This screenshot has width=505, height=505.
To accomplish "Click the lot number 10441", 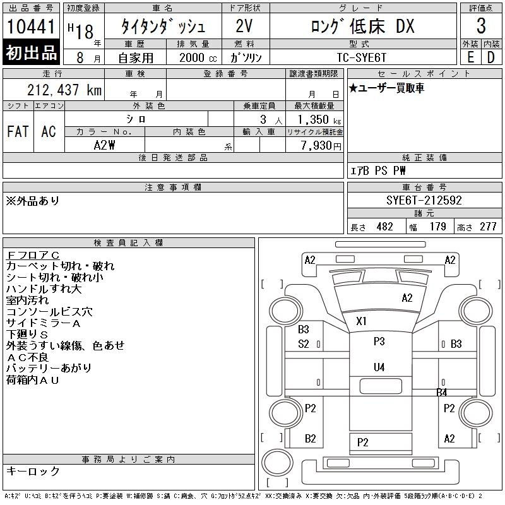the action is point(31,27).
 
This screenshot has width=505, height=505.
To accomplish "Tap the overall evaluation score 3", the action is point(481,26).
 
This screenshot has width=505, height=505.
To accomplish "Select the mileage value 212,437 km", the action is point(64,90).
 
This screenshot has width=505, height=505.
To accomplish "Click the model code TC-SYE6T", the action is point(361,57).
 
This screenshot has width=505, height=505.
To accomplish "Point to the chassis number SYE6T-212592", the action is point(424,200).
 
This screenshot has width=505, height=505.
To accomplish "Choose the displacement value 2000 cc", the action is point(198,57).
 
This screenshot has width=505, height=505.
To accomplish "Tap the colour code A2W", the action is point(104,145).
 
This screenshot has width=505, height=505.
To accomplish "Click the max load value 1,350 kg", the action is point(319,119).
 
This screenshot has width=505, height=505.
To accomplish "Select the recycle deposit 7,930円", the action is point(321,145).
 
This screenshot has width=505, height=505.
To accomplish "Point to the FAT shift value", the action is point(18,131).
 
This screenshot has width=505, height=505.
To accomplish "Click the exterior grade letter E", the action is point(470,57).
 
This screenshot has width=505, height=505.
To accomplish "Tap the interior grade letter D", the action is point(490,57).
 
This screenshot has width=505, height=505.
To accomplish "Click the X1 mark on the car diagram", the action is point(361,321).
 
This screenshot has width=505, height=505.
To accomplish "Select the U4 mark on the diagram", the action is point(379,367).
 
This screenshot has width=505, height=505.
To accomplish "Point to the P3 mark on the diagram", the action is point(379,341).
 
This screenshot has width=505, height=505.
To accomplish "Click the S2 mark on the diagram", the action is point(304,344).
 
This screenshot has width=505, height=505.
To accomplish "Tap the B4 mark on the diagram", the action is point(441,392).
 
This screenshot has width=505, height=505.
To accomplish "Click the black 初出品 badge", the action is point(31,52).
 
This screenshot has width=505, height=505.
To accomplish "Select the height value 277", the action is point(488,227).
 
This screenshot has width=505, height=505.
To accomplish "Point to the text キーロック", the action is point(33,471).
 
